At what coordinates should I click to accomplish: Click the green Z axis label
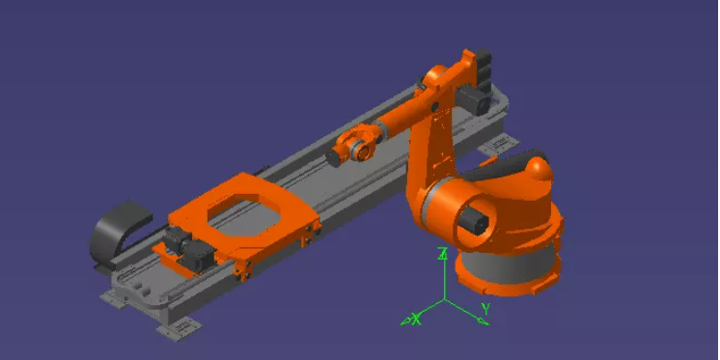pyautogui.click(x=443, y=254)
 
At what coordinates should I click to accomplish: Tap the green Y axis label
pyautogui.click(x=485, y=309)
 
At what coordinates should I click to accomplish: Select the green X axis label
pyautogui.click(x=416, y=318)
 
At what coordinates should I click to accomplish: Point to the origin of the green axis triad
pyautogui.click(x=444, y=300)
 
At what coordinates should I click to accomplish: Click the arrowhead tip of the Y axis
pyautogui.click(x=488, y=324)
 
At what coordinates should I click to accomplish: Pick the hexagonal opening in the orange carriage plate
pyautogui.click(x=244, y=212)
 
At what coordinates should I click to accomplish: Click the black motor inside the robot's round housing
pyautogui.click(x=475, y=219)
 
